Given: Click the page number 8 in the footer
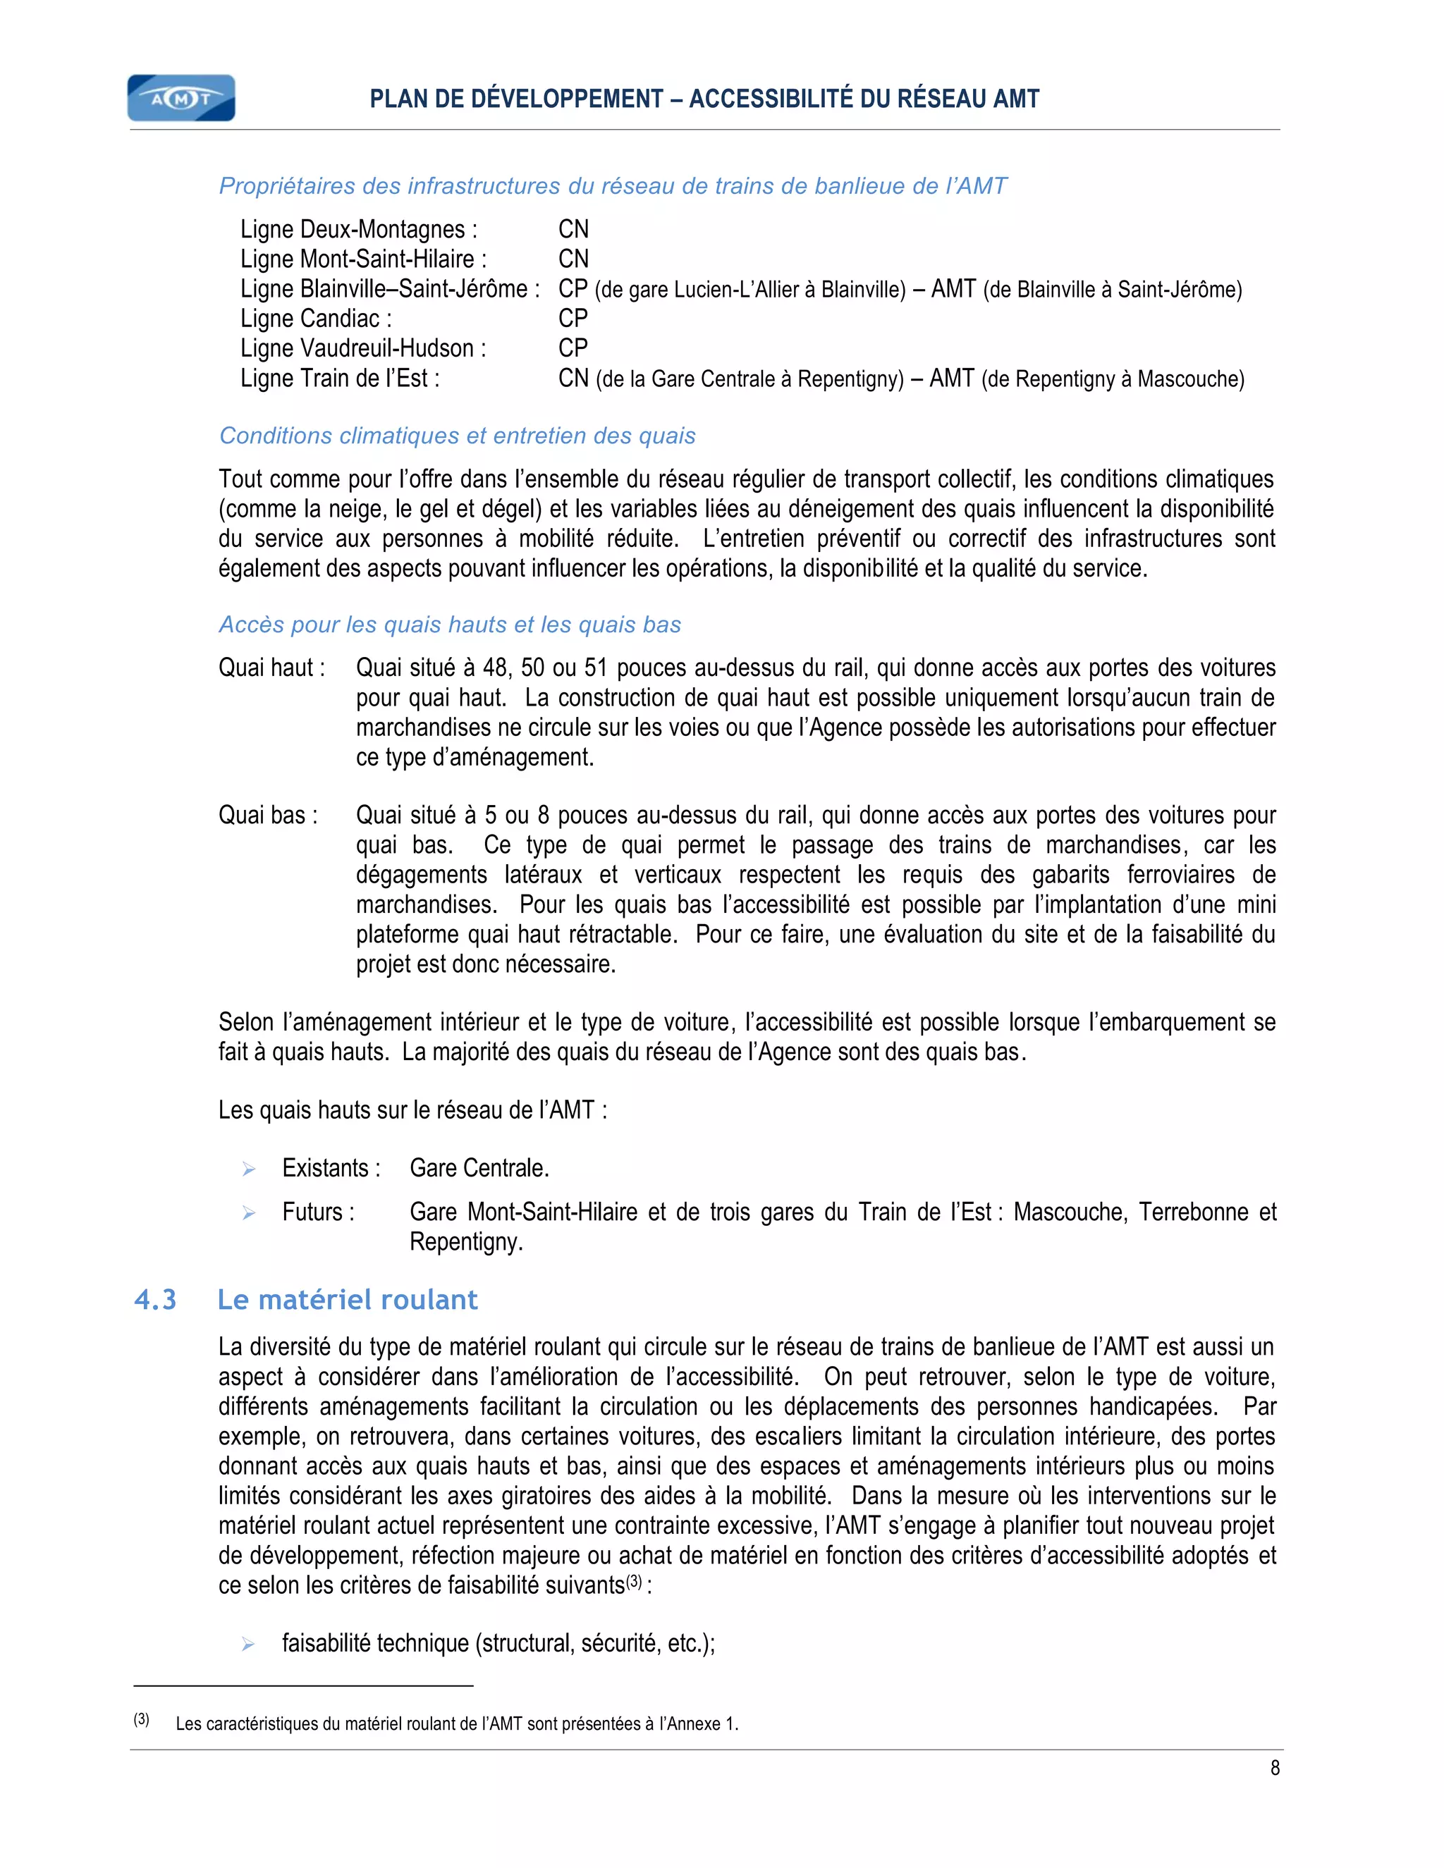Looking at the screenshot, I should click(1275, 1768).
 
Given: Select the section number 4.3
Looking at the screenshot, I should click(156, 1300).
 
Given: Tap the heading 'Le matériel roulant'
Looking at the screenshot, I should click(348, 1300).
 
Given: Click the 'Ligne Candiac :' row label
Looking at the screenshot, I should click(317, 319).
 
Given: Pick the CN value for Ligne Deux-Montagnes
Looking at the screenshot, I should click(573, 229).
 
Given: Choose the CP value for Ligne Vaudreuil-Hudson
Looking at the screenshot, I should click(573, 348).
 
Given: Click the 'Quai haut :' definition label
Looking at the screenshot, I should click(272, 668).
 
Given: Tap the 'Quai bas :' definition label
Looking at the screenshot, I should click(269, 815).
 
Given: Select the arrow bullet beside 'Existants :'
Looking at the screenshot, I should click(249, 1169).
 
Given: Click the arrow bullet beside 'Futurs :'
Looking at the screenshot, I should click(249, 1213).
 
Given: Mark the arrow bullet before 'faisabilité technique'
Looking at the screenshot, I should click(249, 1644).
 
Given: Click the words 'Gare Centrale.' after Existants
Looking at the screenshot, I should click(479, 1168).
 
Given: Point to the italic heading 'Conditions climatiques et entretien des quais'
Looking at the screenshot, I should click(458, 436).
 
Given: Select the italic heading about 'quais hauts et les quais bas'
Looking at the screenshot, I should click(450, 625).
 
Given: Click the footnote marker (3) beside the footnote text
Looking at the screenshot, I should click(142, 1719).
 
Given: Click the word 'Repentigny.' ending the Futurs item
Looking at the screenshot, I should click(466, 1242).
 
